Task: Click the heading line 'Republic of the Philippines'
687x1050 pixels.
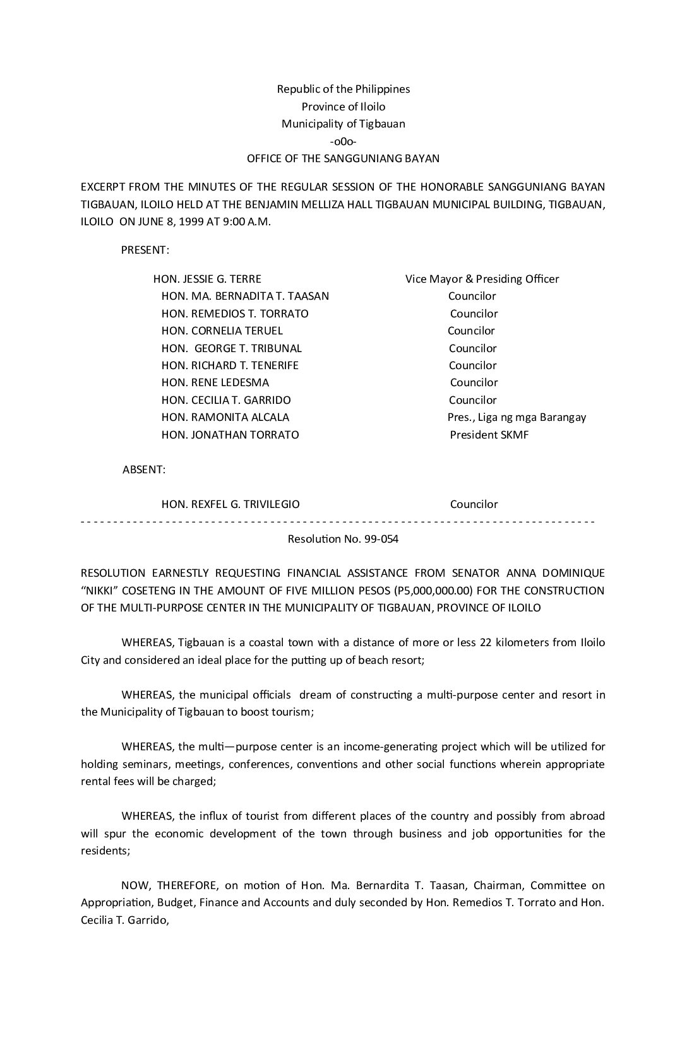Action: click(x=343, y=89)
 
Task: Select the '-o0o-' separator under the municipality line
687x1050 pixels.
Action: click(x=343, y=141)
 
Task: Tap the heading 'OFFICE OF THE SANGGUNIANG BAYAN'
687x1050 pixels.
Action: click(x=343, y=158)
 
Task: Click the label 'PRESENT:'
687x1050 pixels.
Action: click(x=145, y=250)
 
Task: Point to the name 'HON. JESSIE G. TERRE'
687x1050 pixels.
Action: click(x=207, y=279)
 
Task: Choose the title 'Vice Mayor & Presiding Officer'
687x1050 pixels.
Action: click(x=482, y=279)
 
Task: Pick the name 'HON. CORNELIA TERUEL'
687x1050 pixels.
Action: click(x=222, y=331)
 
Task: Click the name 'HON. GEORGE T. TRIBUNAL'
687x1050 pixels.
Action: click(x=231, y=348)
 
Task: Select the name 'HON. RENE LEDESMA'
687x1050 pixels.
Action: click(x=215, y=382)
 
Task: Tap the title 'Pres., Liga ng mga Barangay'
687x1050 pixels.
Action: click(x=517, y=417)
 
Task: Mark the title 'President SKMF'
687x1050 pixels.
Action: click(x=489, y=435)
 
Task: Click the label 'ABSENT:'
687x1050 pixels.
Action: click(x=144, y=469)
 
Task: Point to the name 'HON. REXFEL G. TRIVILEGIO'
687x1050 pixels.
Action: click(x=230, y=504)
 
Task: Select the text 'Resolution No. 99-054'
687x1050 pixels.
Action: click(x=343, y=540)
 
